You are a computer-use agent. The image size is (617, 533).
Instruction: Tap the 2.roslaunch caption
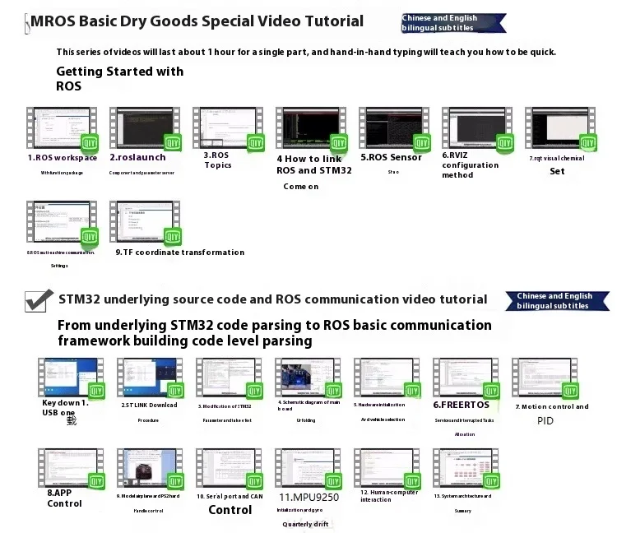[x=141, y=157]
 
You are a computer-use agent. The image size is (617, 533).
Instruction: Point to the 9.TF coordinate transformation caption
[x=179, y=253]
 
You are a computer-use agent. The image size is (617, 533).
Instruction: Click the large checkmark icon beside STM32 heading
[x=39, y=300]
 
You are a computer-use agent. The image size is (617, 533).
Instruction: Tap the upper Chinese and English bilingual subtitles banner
[x=450, y=23]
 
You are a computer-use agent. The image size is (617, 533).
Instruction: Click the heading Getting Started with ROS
[x=119, y=78]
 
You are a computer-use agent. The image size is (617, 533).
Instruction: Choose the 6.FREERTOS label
[x=461, y=405]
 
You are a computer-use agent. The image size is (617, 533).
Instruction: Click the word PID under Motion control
[x=545, y=420]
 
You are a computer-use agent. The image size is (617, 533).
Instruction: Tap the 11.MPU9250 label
[x=308, y=496]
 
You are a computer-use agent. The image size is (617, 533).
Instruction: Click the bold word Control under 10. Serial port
[x=230, y=510]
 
